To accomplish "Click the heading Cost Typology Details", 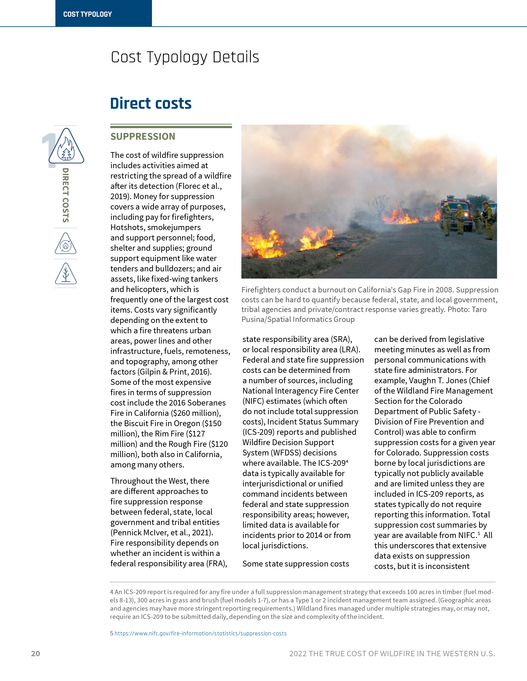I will (x=185, y=57).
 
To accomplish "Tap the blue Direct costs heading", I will (x=151, y=104).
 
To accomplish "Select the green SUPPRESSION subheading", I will (x=143, y=137).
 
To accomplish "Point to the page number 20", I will (x=36, y=654).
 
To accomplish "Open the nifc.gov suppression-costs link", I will (x=200, y=633).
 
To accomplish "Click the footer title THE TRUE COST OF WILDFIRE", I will (x=392, y=654).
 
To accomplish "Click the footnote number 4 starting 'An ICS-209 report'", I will (x=111, y=592).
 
